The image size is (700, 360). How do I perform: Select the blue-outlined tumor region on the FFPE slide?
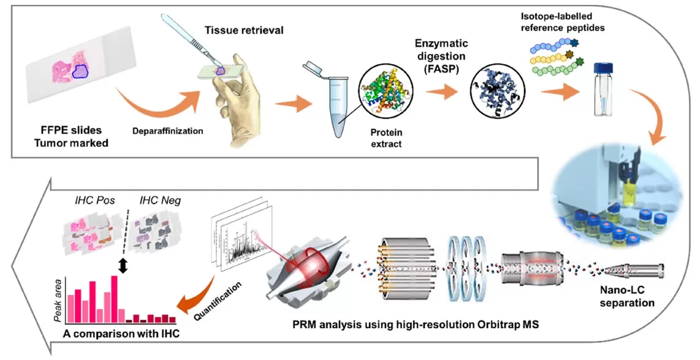click(x=80, y=72)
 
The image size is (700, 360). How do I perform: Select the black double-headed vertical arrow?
click(x=122, y=266)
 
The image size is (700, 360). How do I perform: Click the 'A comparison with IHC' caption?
click(x=118, y=335)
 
